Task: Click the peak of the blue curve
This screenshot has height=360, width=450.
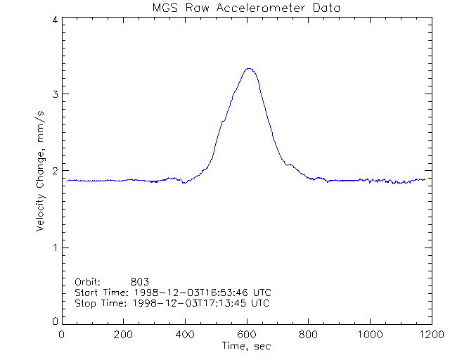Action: (x=248, y=68)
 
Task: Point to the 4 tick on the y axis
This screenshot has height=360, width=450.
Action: (x=54, y=20)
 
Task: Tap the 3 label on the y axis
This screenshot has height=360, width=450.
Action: (x=54, y=94)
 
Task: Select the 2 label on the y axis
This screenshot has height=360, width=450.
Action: (x=54, y=171)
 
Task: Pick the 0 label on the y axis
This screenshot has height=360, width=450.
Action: (x=54, y=321)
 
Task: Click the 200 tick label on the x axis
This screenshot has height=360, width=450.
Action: (x=124, y=334)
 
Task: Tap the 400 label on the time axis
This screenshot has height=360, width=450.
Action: (x=185, y=334)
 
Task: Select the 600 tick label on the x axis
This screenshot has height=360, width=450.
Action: (x=247, y=334)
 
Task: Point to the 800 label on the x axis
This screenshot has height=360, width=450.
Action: (x=308, y=334)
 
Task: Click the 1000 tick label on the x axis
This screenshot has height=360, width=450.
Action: (x=369, y=334)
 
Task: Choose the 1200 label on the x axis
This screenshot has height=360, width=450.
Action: (x=430, y=334)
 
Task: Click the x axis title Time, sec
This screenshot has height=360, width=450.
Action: (x=245, y=346)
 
